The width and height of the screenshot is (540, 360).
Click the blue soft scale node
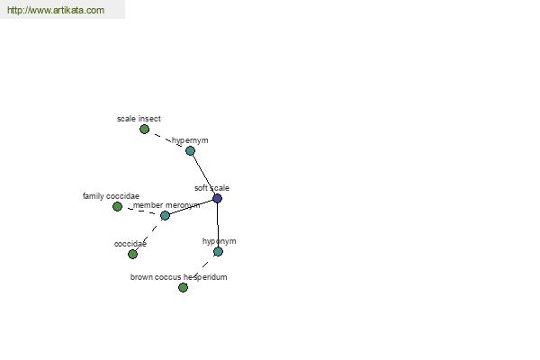point(217,198)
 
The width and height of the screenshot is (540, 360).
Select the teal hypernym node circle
point(190,150)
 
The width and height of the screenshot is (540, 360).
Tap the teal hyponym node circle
point(218,251)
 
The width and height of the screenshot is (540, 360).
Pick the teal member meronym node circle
point(165,216)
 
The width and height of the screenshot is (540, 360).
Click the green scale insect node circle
point(144,130)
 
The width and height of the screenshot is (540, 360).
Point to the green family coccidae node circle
point(117,207)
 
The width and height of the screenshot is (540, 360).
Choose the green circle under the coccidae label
point(132,254)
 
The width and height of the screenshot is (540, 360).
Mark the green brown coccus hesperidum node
point(183,287)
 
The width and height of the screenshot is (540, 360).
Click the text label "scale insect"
point(139,119)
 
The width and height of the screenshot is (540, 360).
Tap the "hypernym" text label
point(190,140)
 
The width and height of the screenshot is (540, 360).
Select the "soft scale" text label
point(211,188)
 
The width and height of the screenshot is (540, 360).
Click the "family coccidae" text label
point(111,196)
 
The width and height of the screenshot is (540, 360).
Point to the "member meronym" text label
point(166,205)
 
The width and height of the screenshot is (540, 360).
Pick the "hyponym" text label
point(219,241)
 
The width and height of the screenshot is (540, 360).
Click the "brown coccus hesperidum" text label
point(178,277)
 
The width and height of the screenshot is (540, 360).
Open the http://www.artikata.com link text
point(56,10)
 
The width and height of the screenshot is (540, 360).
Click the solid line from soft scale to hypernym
point(203,175)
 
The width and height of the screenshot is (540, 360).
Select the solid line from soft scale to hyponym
point(218,225)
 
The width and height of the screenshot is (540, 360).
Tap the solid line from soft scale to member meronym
point(191,207)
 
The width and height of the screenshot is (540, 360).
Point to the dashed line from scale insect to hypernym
point(167,139)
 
